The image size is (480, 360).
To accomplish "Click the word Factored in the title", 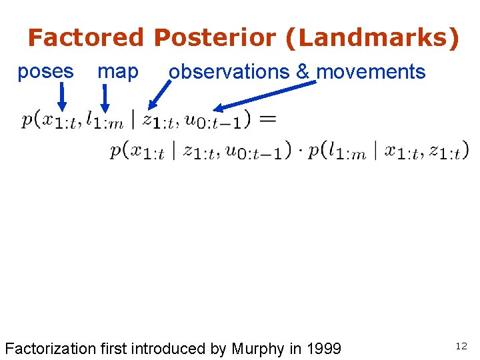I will tap(85, 38).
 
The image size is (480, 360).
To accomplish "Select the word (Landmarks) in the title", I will tap(372, 38).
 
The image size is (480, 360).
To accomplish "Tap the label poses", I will tap(45, 71).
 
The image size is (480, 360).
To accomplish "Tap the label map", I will tap(118, 71).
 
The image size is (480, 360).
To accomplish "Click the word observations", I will tap(231, 72).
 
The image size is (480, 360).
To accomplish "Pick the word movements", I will tap(371, 72).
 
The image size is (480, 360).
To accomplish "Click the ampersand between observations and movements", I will tap(303, 72).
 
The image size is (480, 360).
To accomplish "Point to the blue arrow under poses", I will tap(61, 97).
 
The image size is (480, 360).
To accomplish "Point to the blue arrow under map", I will tap(105, 97).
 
